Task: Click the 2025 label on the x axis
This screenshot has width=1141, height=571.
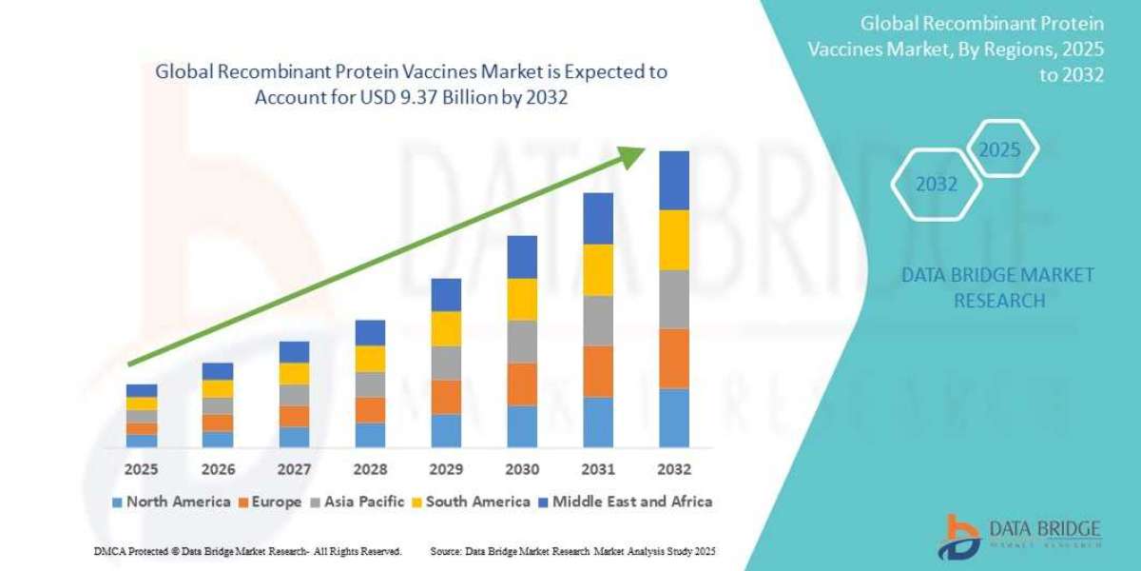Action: [142, 469]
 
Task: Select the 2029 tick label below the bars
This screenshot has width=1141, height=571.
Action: [446, 469]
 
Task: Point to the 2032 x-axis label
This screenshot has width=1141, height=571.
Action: [673, 469]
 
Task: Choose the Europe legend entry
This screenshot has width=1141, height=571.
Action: [270, 502]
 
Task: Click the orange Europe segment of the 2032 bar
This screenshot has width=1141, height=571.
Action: [674, 358]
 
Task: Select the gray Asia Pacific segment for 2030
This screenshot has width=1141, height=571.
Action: [522, 341]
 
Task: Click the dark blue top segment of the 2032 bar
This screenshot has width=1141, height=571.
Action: [674, 180]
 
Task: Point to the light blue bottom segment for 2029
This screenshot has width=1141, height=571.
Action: [446, 430]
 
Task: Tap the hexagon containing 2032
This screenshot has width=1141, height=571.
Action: [937, 185]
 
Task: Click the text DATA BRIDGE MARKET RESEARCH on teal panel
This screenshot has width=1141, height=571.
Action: [997, 287]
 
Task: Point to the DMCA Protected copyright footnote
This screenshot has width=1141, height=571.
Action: [248, 551]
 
